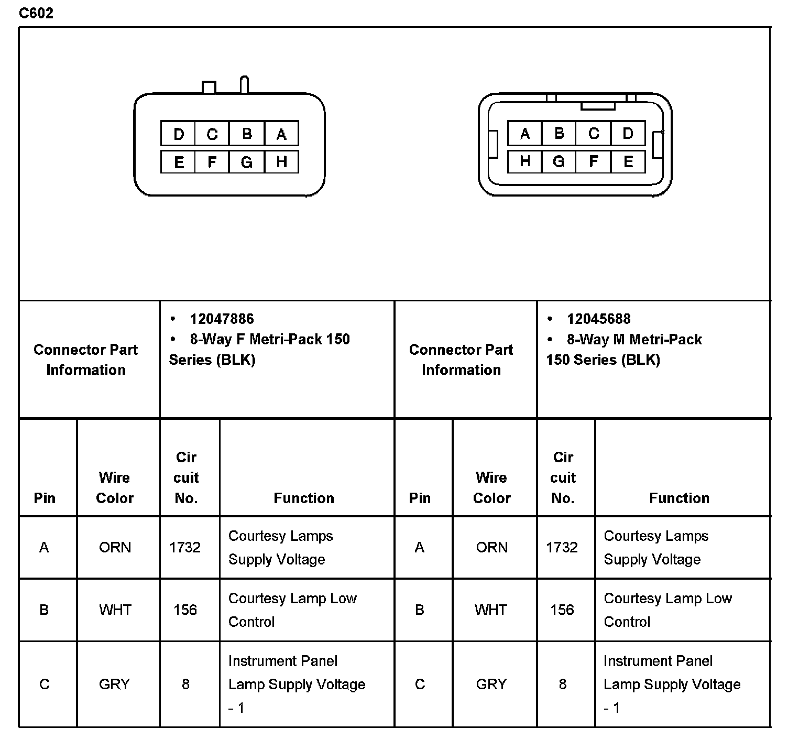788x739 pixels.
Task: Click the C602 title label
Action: pyautogui.click(x=36, y=13)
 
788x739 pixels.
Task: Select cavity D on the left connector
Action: pyautogui.click(x=178, y=134)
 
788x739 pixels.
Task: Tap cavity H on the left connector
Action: pyautogui.click(x=281, y=162)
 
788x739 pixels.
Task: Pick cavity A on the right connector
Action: pyautogui.click(x=524, y=134)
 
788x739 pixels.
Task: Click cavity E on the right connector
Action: pyautogui.click(x=628, y=162)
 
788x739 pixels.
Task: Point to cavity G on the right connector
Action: pyautogui.click(x=559, y=162)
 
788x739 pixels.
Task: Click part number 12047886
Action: pyautogui.click(x=222, y=319)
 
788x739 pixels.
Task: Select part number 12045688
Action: pyautogui.click(x=598, y=319)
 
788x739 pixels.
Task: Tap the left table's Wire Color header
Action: pyautogui.click(x=115, y=487)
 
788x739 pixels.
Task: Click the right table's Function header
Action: pyautogui.click(x=679, y=498)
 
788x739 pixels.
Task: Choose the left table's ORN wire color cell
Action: pyautogui.click(x=115, y=547)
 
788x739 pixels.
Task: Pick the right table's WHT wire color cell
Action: pyautogui.click(x=491, y=610)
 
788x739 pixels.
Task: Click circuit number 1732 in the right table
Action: pyautogui.click(x=562, y=547)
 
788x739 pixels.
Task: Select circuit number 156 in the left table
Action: pyautogui.click(x=185, y=610)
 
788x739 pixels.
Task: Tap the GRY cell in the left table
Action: pyautogui.click(x=114, y=684)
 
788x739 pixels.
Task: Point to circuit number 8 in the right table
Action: pyautogui.click(x=562, y=684)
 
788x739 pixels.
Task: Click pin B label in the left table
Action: pyautogui.click(x=44, y=610)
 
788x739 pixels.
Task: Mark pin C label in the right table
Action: pyautogui.click(x=420, y=684)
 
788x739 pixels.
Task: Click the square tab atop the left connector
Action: pyautogui.click(x=209, y=87)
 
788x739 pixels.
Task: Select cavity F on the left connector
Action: pyautogui.click(x=212, y=162)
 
